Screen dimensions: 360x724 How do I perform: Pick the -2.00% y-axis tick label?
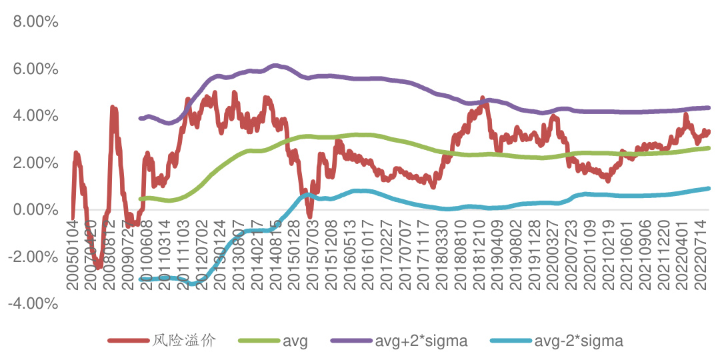(x=34, y=257)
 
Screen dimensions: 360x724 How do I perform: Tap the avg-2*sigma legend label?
(x=579, y=341)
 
